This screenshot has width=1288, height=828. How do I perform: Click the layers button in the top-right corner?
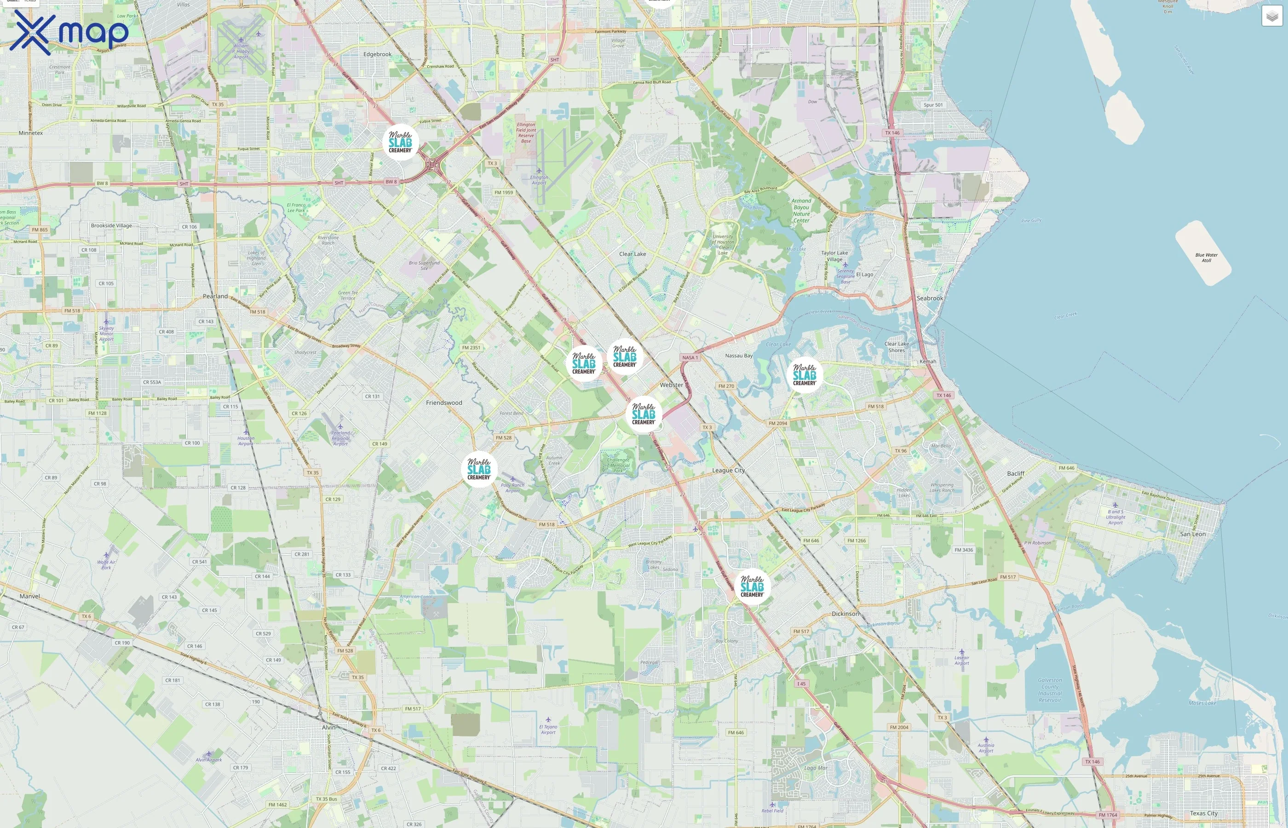pyautogui.click(x=1271, y=16)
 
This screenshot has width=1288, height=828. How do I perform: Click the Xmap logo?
pyautogui.click(x=69, y=32)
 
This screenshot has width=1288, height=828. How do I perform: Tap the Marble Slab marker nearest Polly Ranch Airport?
pyautogui.click(x=479, y=469)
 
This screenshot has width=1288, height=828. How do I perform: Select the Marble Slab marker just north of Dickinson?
pyautogui.click(x=752, y=586)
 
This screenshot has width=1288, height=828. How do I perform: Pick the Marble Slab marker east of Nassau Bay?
pyautogui.click(x=804, y=375)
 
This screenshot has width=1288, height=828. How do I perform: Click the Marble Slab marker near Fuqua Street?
pyautogui.click(x=401, y=143)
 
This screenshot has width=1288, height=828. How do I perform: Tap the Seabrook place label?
pyautogui.click(x=930, y=299)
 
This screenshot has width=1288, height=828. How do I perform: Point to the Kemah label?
pyautogui.click(x=927, y=361)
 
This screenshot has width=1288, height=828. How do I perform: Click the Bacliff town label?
pyautogui.click(x=1016, y=474)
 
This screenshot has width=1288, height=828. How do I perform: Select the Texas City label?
pyautogui.click(x=1204, y=813)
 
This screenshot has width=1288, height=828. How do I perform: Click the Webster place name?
pyautogui.click(x=672, y=385)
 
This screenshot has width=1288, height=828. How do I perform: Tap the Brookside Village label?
pyautogui.click(x=111, y=226)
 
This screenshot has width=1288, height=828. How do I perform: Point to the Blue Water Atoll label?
pyautogui.click(x=1206, y=258)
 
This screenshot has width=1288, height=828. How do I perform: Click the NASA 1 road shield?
pyautogui.click(x=689, y=357)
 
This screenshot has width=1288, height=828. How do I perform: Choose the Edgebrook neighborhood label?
pyautogui.click(x=377, y=54)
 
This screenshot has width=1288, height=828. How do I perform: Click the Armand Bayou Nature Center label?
pyautogui.click(x=801, y=210)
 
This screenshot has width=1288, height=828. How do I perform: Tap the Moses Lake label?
pyautogui.click(x=1202, y=703)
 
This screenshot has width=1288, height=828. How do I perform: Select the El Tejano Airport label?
pyautogui.click(x=548, y=729)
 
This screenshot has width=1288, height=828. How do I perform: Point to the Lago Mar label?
pyautogui.click(x=816, y=768)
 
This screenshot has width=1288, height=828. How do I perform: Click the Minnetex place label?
pyautogui.click(x=31, y=133)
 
